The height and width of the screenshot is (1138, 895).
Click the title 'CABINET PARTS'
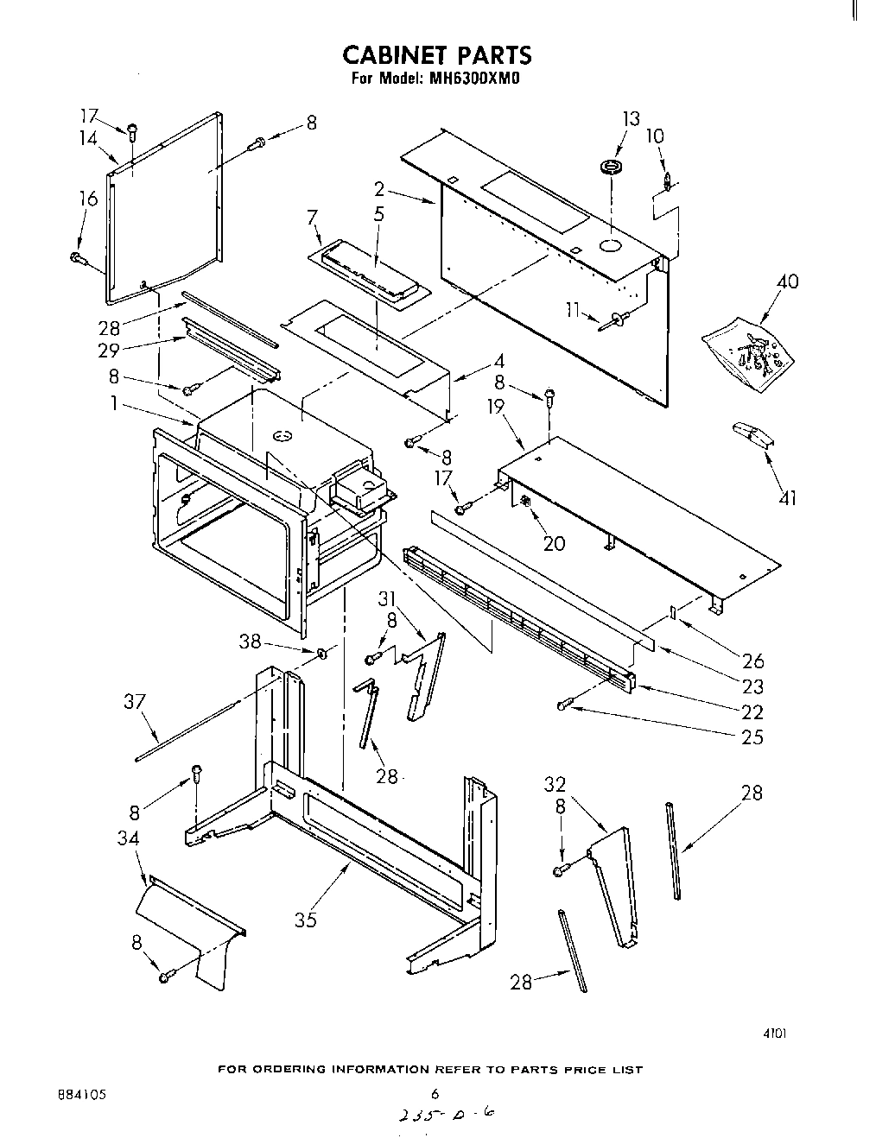(436, 55)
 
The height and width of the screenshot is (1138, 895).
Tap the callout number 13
(632, 119)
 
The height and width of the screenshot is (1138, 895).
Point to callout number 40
(787, 281)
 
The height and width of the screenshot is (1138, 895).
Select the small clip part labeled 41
(752, 435)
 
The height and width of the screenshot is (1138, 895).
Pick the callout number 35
(306, 920)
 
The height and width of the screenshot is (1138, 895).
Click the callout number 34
(129, 838)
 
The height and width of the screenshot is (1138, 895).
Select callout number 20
(554, 543)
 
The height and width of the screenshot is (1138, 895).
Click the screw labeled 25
(563, 706)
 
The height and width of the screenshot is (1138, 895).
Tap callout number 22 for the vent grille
(752, 711)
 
